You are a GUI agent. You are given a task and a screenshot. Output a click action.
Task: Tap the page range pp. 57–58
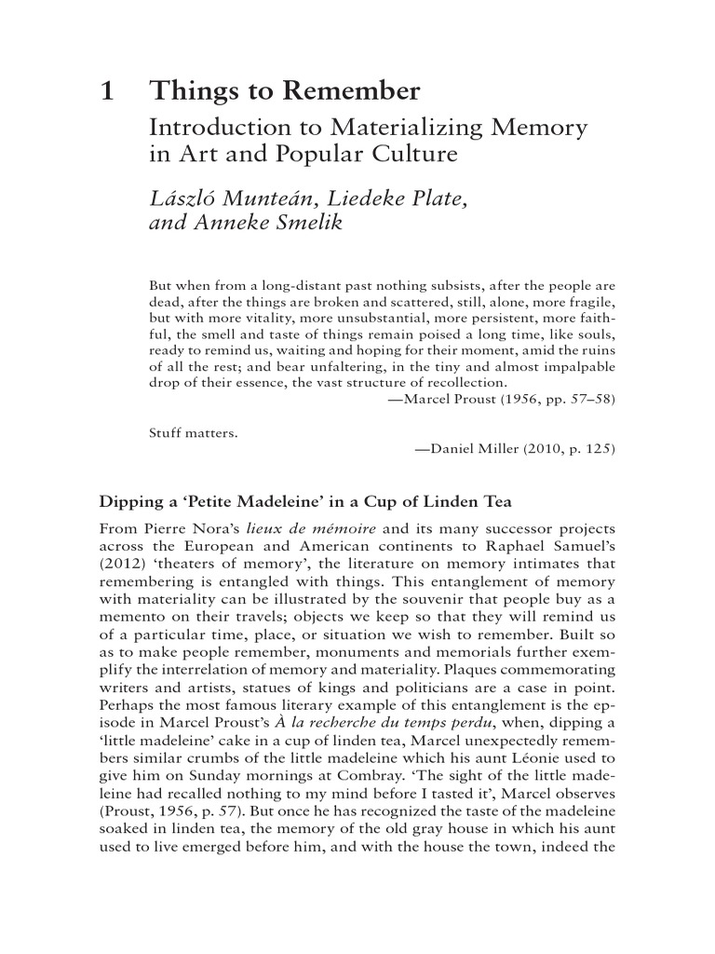573,399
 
